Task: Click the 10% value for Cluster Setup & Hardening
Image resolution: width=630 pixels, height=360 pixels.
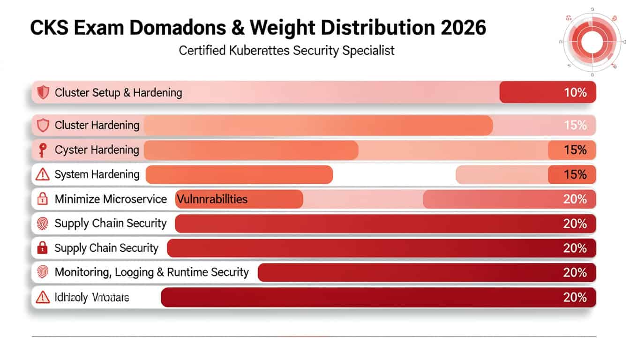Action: [x=575, y=92]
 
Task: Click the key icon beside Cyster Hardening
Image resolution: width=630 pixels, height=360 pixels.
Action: [x=43, y=150]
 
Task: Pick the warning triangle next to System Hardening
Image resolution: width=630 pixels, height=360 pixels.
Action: [x=43, y=175]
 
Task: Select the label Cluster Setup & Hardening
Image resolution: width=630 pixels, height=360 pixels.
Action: [x=118, y=92]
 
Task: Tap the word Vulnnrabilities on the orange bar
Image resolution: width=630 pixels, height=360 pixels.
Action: [x=212, y=199]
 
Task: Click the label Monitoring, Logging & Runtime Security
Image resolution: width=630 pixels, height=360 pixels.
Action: [x=151, y=272]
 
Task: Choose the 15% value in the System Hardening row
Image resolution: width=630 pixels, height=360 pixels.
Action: [x=575, y=175]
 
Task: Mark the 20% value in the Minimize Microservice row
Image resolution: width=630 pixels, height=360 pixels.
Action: [x=575, y=199]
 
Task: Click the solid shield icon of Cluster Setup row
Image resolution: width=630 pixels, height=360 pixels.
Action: [x=43, y=92]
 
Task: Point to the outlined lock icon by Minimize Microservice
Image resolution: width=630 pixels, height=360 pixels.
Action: [x=43, y=199]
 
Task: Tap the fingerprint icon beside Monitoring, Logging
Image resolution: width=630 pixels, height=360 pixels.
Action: [x=43, y=272]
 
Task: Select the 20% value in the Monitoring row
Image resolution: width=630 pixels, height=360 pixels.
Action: [x=575, y=272]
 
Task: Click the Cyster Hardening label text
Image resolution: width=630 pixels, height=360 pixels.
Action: [x=97, y=150]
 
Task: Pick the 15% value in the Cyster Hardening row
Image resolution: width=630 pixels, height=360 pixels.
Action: [x=575, y=150]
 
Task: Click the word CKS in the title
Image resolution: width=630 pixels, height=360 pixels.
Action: [x=50, y=28]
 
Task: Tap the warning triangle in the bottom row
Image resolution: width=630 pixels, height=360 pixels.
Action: [x=43, y=297]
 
